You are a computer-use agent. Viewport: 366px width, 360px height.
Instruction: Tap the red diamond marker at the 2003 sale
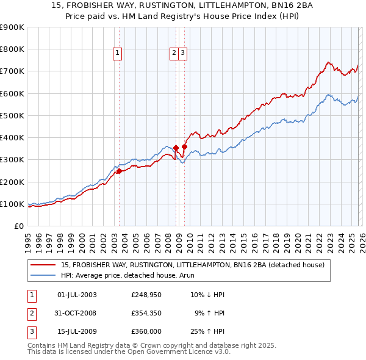click(x=119, y=171)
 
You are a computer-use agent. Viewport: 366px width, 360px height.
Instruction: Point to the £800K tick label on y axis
click(x=12, y=49)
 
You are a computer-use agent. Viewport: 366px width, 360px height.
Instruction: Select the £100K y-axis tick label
click(x=12, y=204)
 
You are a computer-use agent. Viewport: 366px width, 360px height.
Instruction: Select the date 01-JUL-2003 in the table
click(x=77, y=295)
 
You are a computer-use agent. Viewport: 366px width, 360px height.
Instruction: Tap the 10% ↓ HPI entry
click(x=207, y=295)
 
